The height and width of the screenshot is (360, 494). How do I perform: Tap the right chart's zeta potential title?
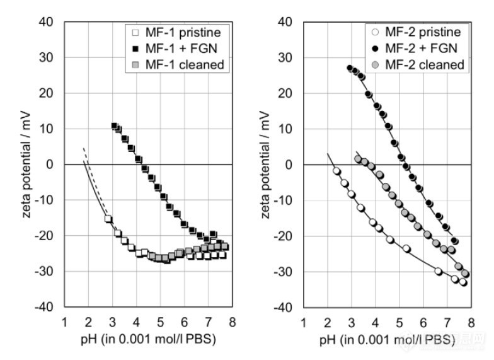pyautogui.click(x=267, y=165)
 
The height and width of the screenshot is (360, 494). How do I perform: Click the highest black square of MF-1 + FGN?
pyautogui.click(x=115, y=126)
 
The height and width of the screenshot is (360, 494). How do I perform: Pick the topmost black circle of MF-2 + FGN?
pyautogui.click(x=350, y=68)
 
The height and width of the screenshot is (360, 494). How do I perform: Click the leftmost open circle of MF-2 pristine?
pyautogui.click(x=336, y=171)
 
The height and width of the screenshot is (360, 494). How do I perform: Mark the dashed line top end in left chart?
pyautogui.click(x=84, y=149)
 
